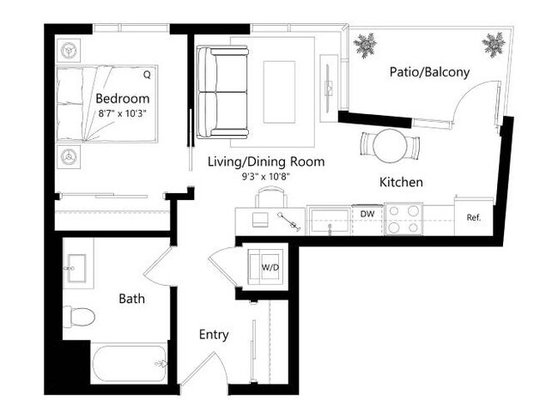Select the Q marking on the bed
[147, 75]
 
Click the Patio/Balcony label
[429, 72]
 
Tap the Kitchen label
[401, 182]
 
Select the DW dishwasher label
[367, 214]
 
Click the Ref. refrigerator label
[473, 217]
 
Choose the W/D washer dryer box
[270, 268]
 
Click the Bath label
[131, 300]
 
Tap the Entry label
[214, 334]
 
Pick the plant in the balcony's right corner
[494, 42]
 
